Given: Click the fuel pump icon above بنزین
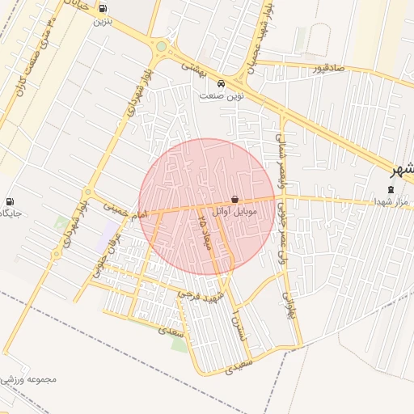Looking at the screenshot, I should click(102, 9).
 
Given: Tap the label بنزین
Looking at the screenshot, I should click(102, 21).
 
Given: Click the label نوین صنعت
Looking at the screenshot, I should click(222, 95).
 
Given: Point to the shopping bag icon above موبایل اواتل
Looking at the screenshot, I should click(234, 198).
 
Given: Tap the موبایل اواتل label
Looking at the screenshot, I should click(234, 211).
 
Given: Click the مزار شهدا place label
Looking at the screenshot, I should click(391, 201).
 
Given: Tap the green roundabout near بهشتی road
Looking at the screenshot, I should click(161, 47).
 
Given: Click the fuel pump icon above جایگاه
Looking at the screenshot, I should click(10, 201).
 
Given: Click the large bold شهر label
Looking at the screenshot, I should click(400, 170).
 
